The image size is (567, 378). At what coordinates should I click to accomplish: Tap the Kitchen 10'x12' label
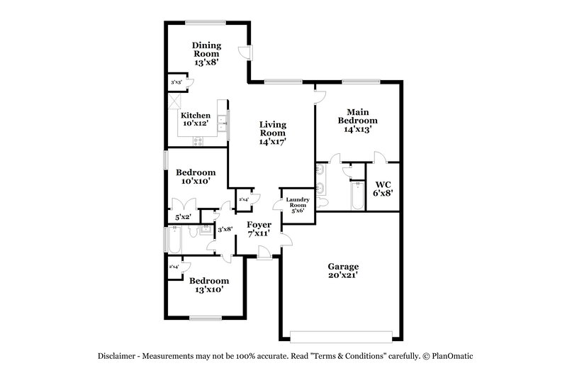(195, 119)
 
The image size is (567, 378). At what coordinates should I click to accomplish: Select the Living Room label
(272, 133)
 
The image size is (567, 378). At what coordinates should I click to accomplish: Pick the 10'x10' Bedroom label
(196, 177)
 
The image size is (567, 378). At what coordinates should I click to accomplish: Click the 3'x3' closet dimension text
(176, 83)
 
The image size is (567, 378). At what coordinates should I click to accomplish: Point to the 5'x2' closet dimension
(182, 216)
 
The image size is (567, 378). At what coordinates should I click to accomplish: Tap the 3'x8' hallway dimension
(225, 229)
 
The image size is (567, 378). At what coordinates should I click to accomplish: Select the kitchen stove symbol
(198, 140)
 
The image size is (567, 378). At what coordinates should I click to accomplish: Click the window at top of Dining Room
(206, 23)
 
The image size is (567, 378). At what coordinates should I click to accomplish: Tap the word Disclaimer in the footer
(118, 356)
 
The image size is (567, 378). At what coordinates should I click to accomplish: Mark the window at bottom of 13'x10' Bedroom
(207, 317)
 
